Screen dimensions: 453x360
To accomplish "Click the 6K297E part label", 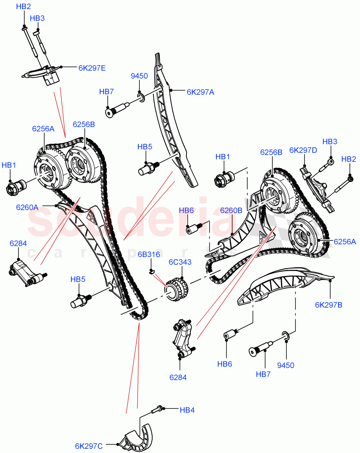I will coord(92,68).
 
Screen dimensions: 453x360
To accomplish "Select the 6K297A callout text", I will coord(200,92).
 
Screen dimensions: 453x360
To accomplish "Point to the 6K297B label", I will coord(328,305).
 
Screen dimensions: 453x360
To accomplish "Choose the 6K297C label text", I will coord(88,446).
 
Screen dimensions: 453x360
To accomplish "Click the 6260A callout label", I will coord(27,207).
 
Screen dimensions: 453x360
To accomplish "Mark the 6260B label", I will coord(231,210).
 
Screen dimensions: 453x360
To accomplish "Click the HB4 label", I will coord(187,410).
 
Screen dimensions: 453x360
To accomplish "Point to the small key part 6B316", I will coord(152,271).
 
